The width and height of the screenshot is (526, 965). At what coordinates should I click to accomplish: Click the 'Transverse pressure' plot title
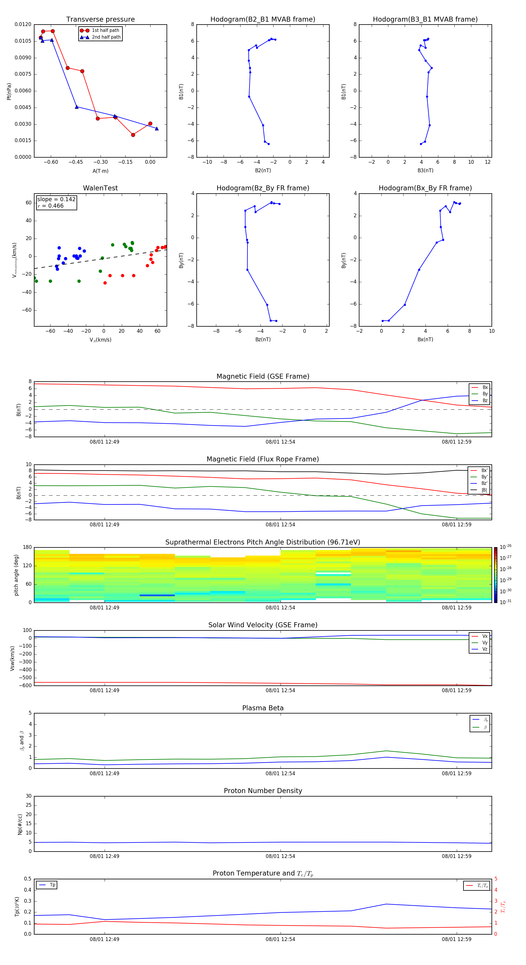click(x=100, y=20)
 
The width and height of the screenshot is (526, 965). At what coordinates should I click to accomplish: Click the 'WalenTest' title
click(x=100, y=188)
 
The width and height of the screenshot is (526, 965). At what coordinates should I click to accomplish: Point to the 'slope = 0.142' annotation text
click(x=56, y=199)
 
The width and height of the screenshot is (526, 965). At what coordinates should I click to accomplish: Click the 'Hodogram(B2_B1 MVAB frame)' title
click(x=262, y=20)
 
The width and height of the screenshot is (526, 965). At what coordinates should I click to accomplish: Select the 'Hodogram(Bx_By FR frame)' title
click(x=425, y=188)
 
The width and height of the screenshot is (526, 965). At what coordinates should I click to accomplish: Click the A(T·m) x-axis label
click(x=100, y=171)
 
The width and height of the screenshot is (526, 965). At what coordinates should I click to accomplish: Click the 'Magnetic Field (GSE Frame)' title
click(x=262, y=376)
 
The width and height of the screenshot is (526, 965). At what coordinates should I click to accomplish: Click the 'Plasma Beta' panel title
click(x=262, y=708)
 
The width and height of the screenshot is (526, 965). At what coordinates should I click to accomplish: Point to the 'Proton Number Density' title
click(x=262, y=791)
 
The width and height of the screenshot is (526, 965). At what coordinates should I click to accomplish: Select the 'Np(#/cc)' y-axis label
click(x=20, y=824)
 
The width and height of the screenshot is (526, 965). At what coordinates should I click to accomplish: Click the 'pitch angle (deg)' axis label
click(x=16, y=575)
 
